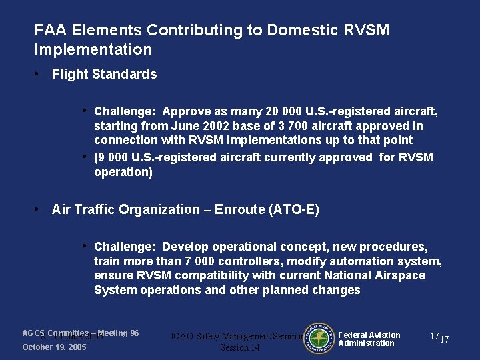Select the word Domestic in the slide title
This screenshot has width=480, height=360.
[297, 31]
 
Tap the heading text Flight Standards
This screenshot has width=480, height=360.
[104, 74]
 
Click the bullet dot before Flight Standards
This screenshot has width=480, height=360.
[37, 74]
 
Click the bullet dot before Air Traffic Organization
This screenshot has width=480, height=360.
[37, 209]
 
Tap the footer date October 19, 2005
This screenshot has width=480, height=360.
[54, 347]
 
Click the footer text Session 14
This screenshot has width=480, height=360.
[239, 348]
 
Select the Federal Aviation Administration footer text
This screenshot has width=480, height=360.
[369, 339]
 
